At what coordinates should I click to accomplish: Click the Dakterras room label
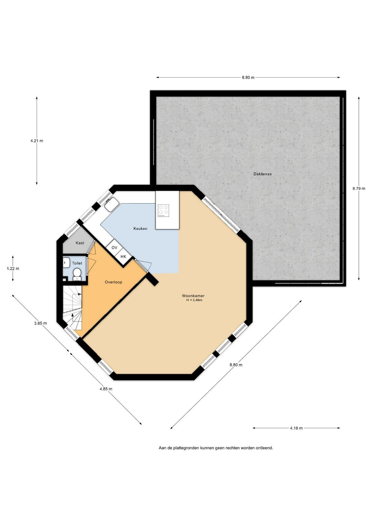pos(262,174)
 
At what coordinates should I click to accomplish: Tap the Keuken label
pos(140,228)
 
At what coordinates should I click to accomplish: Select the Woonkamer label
pos(193,296)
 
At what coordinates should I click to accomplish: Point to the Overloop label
pos(113,282)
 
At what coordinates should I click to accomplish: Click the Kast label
pos(80,243)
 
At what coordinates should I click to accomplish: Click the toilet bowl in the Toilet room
pos(77,274)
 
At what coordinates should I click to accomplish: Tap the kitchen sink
pos(111,204)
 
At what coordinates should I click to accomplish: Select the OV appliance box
pos(114,248)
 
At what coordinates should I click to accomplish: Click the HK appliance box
pos(123,256)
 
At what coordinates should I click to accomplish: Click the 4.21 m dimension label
pos(36,141)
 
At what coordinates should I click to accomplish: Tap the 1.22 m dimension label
pos(13,269)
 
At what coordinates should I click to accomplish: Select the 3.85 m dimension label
pos(40,323)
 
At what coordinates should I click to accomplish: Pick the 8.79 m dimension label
pos(359,188)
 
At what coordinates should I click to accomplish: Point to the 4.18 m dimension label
pos(296,428)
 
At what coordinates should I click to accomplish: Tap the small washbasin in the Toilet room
pos(66,262)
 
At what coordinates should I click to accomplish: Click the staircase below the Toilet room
pos(72,308)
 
